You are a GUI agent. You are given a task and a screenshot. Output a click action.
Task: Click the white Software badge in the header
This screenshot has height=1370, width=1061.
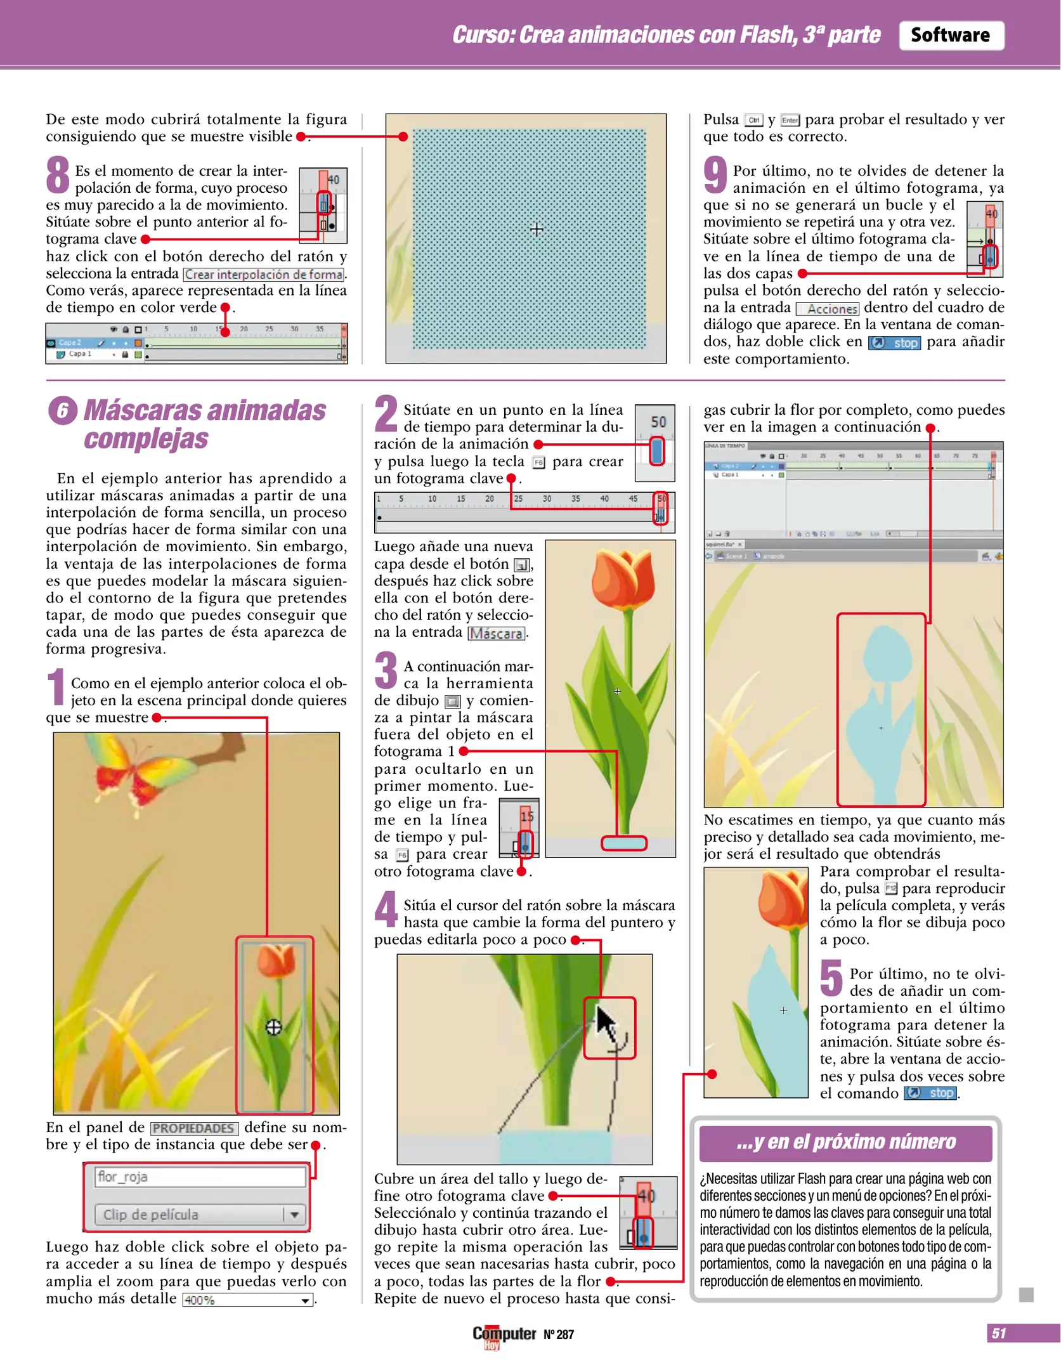(x=950, y=35)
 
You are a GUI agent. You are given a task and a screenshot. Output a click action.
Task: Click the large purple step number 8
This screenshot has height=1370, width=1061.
(x=58, y=175)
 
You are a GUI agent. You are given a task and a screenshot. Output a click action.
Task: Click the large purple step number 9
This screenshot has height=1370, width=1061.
(x=715, y=175)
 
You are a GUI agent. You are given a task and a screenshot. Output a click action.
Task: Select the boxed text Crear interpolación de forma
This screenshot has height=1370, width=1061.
(x=264, y=275)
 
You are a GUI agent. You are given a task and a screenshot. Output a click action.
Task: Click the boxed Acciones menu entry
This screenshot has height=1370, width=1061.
(x=828, y=309)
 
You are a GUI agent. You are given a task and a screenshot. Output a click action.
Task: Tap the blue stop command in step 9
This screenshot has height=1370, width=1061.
(x=895, y=343)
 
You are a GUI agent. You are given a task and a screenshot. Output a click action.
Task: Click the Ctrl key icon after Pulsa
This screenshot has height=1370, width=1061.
(x=753, y=120)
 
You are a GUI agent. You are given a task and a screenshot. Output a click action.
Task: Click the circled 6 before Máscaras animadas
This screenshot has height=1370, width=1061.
(x=62, y=411)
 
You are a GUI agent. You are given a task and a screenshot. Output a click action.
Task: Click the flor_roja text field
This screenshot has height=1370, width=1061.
(x=200, y=1177)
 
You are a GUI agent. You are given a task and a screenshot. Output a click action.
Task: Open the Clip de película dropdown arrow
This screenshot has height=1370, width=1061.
(x=294, y=1215)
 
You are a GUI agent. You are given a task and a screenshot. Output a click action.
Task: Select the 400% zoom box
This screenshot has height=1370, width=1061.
(x=247, y=1300)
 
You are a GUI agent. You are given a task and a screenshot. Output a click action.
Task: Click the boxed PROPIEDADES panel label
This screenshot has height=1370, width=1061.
(x=194, y=1128)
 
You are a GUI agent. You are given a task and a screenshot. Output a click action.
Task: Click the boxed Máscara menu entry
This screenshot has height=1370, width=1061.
(x=497, y=633)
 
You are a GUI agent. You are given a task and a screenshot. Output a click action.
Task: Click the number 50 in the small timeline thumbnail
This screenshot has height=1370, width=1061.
(x=658, y=422)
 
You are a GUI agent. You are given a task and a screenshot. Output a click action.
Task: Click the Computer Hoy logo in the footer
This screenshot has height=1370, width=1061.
(x=504, y=1334)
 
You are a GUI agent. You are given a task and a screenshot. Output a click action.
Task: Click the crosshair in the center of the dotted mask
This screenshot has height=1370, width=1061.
(x=537, y=230)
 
